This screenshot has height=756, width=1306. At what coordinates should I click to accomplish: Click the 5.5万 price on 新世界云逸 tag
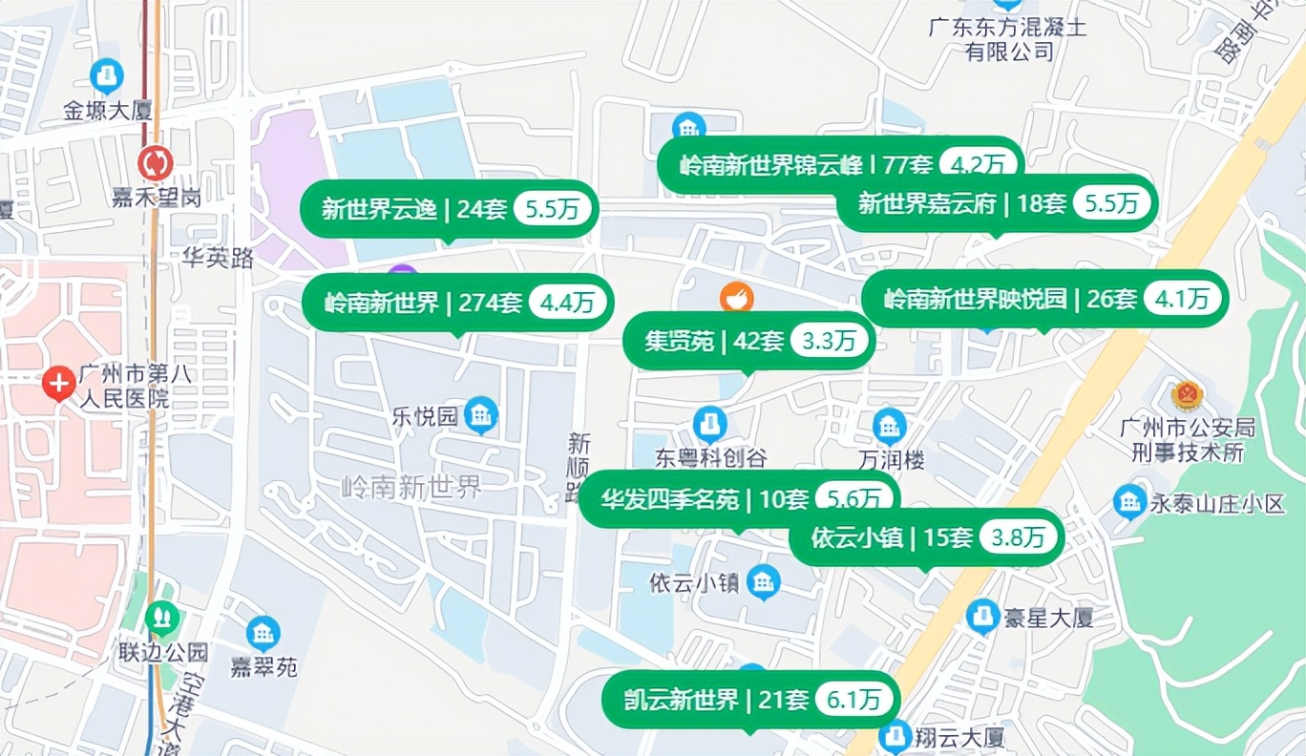coord(554,209)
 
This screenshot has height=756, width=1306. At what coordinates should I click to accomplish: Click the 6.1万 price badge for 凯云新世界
coord(853,700)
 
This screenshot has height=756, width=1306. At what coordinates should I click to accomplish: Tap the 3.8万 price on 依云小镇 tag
coord(1018,537)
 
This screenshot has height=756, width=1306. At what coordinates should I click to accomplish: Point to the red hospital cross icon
coord(58,385)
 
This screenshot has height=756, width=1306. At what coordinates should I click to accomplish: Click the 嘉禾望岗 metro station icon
coord(154,163)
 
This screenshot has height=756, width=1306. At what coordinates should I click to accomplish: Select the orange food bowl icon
coord(736,298)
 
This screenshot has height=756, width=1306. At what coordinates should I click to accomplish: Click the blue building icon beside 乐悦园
coord(481,414)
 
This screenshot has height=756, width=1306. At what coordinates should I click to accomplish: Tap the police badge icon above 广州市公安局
coord(1188,394)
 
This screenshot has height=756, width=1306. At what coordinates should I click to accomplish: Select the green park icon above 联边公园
coord(162,619)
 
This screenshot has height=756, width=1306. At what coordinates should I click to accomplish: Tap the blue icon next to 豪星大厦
coord(982,617)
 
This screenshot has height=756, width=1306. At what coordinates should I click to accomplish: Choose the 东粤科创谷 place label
coord(711,459)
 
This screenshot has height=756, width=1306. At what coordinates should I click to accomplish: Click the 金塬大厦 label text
coord(108,111)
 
